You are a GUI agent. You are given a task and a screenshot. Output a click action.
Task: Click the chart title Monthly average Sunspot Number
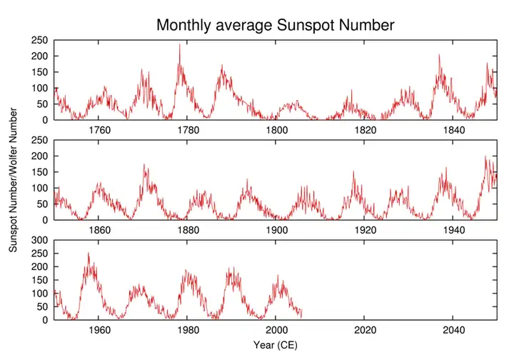coord(276,26)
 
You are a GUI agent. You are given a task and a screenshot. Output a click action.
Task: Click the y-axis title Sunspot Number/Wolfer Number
coord(13,179)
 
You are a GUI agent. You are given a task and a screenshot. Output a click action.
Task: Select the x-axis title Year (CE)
coord(276,345)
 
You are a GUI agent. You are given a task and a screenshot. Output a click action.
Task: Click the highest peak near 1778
coord(180,44)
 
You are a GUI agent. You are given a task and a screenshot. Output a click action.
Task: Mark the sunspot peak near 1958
coord(89,252)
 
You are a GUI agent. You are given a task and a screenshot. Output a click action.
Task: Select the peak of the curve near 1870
coord(145,165)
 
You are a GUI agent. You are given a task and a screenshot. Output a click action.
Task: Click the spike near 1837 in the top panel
coord(440,55)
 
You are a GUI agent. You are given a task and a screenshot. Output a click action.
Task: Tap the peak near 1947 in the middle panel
coord(485,156)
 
